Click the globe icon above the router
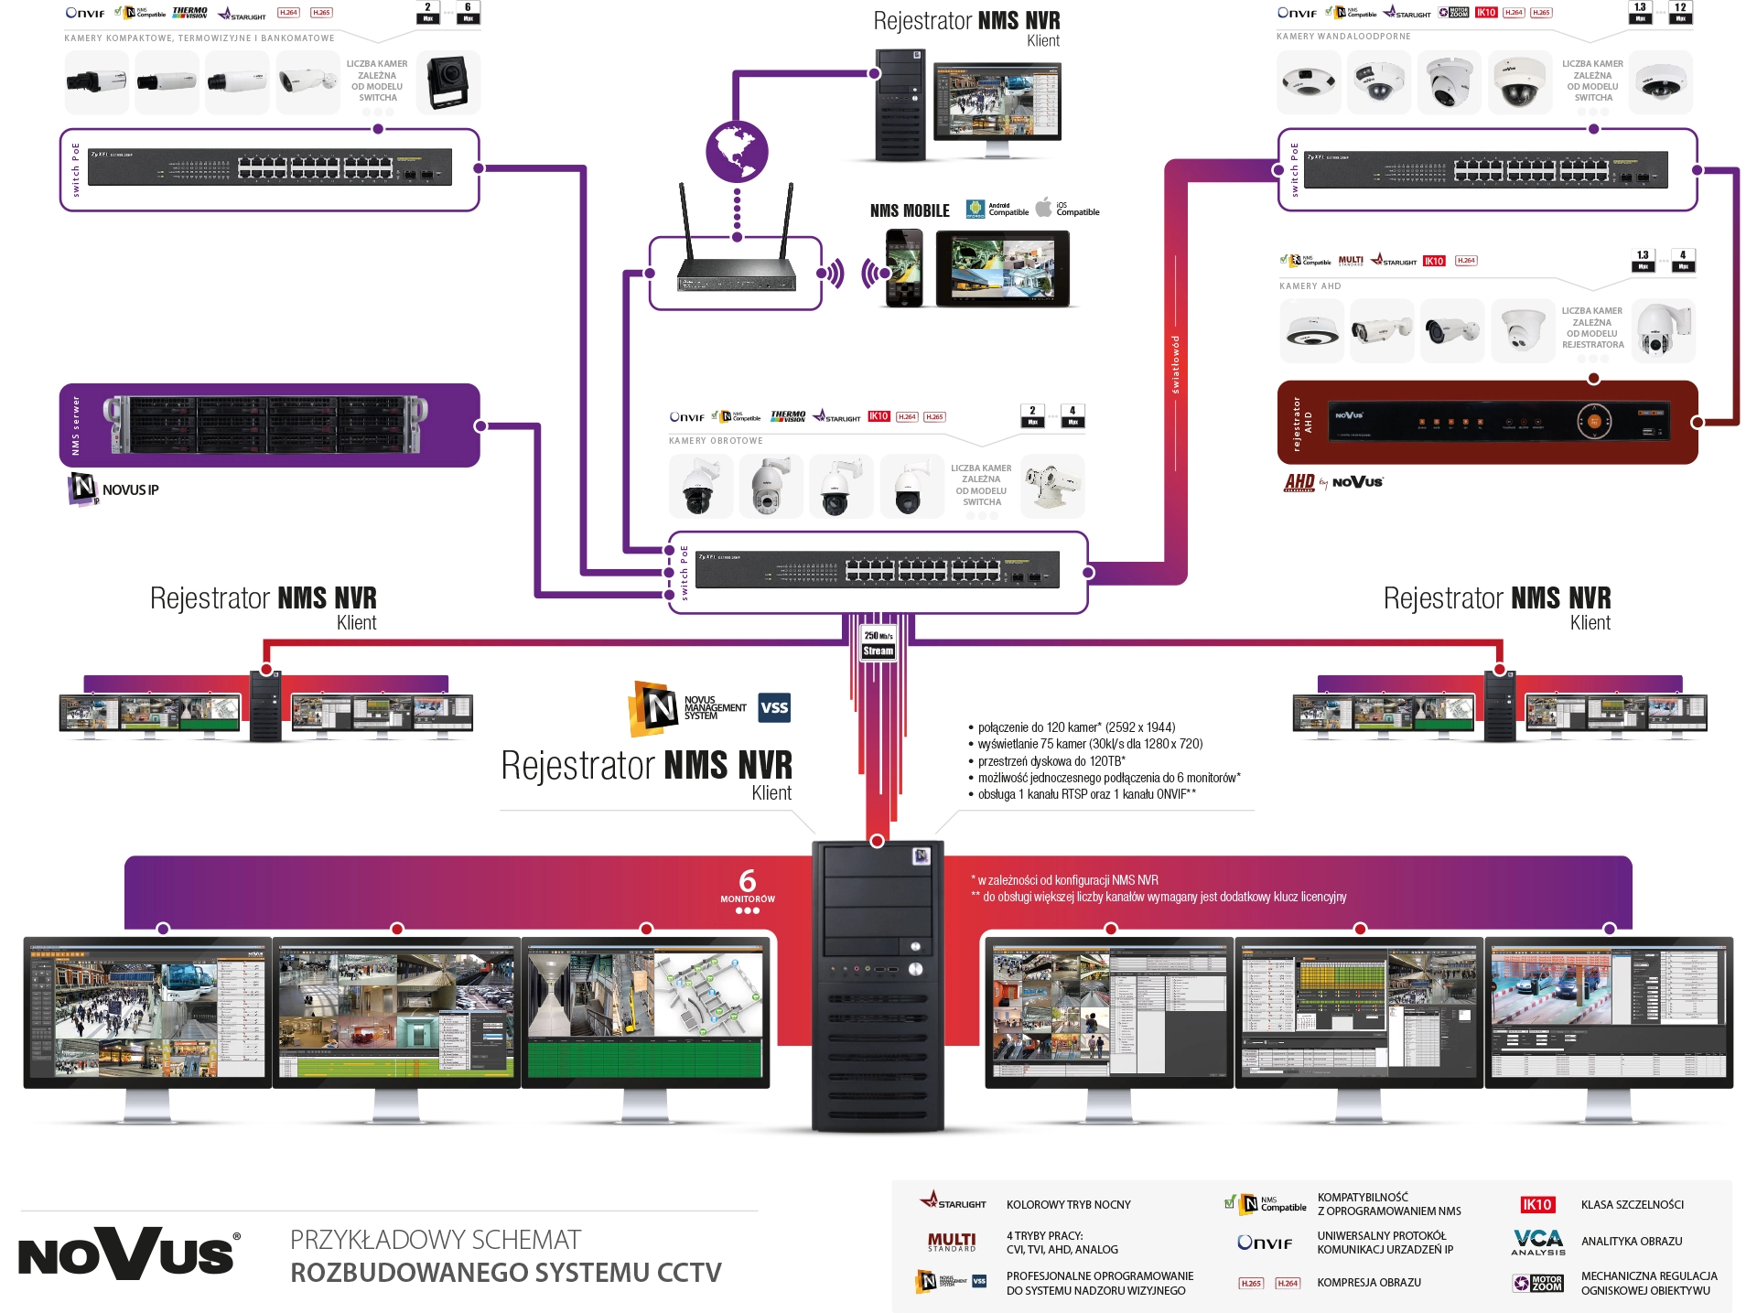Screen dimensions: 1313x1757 (x=737, y=151)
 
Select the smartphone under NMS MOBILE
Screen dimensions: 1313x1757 (x=904, y=268)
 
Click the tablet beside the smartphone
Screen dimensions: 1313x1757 (x=1002, y=268)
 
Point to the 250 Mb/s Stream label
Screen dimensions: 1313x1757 (x=878, y=643)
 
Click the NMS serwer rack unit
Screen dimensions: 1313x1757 (x=265, y=425)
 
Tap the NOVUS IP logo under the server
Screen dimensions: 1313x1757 (x=114, y=489)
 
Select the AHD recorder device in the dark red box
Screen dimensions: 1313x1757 (x=1501, y=422)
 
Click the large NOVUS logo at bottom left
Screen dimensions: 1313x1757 (x=128, y=1253)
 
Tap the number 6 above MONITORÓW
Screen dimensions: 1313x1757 (x=748, y=880)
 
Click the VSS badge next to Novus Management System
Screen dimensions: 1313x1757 (x=774, y=707)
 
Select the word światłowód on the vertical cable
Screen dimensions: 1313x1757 (x=1176, y=364)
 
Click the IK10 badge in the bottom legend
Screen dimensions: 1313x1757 (x=1536, y=1205)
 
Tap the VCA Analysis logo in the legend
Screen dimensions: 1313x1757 (x=1538, y=1242)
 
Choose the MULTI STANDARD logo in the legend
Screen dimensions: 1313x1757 (x=952, y=1242)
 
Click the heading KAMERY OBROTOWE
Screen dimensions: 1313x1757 (x=716, y=441)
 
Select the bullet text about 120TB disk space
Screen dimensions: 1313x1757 (x=1051, y=761)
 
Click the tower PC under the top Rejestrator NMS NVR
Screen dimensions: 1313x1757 (x=900, y=105)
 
